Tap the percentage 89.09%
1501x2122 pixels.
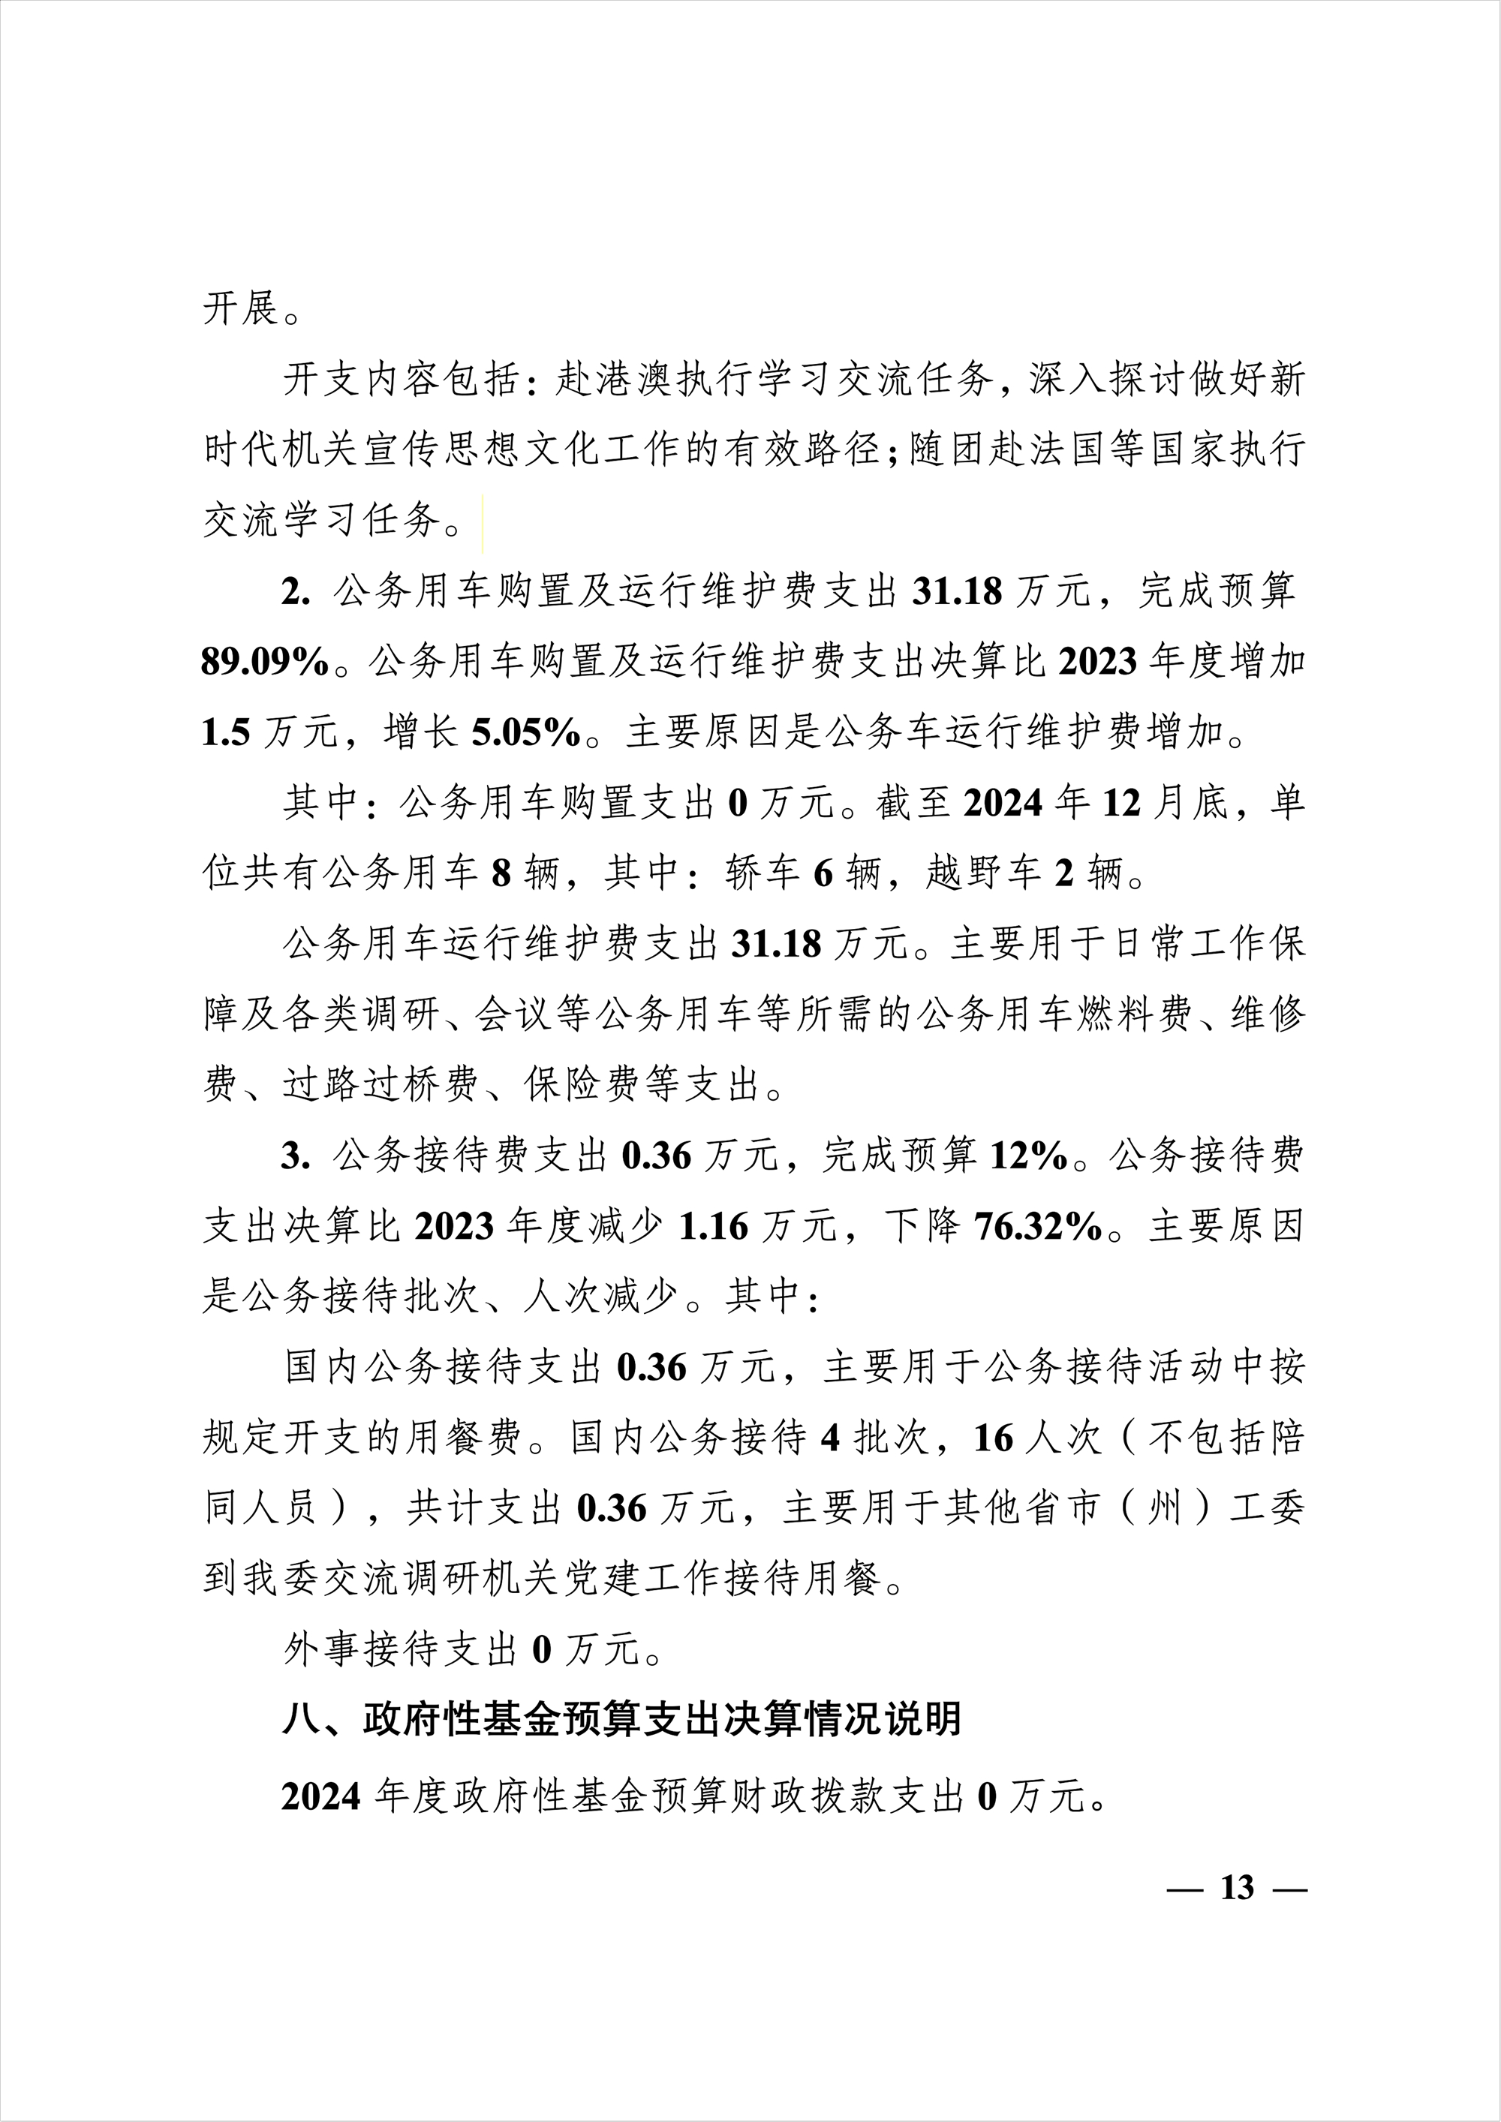tap(265, 662)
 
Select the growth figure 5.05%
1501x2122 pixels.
tap(526, 733)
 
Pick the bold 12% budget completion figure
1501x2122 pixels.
tap(1029, 1156)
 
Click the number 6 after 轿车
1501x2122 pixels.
tap(823, 873)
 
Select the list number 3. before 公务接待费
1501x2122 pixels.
tap(296, 1156)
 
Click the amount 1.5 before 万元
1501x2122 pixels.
tap(225, 733)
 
